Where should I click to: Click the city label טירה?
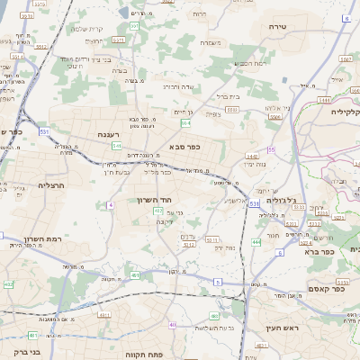pyautogui.click(x=276, y=28)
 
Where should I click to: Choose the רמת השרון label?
pyautogui.click(x=40, y=238)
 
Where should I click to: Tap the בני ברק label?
pyautogui.click(x=16, y=352)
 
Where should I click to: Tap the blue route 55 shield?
pyautogui.click(x=271, y=150)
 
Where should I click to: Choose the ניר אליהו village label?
pyautogui.click(x=278, y=108)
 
